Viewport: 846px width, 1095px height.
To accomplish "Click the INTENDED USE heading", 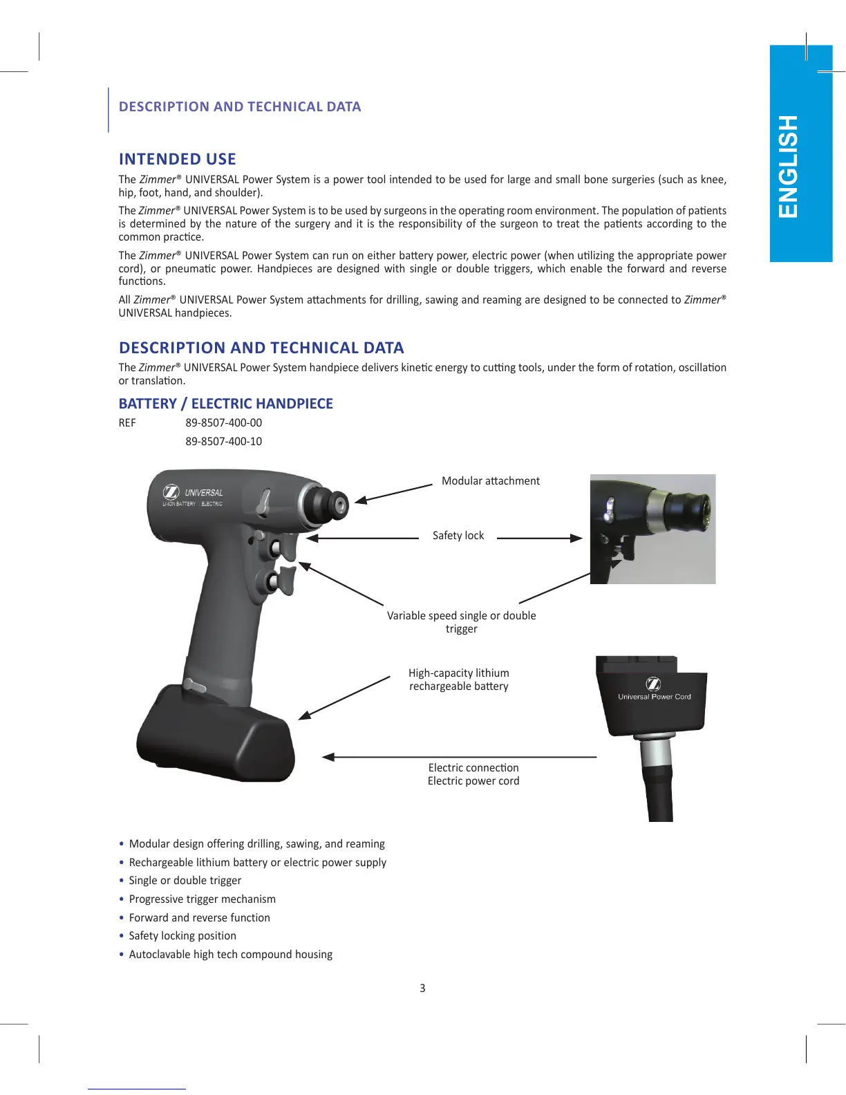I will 177,159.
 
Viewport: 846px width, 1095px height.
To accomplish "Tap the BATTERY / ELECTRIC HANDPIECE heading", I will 225,404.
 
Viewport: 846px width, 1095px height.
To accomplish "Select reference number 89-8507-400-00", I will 223,422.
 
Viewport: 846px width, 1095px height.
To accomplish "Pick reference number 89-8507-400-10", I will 223,441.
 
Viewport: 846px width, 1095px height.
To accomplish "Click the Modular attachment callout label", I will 490,480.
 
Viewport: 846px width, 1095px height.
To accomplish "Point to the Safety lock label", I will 458,535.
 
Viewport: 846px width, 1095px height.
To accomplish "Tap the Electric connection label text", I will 473,767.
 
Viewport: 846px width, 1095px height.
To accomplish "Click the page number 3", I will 422,988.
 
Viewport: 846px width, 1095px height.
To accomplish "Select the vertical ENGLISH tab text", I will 788,167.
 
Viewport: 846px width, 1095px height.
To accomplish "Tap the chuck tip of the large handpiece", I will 337,505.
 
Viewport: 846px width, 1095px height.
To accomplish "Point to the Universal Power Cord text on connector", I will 654,697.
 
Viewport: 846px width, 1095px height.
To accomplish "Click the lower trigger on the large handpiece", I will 283,579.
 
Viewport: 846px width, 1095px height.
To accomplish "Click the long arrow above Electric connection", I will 460,757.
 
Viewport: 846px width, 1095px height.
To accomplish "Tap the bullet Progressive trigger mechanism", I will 202,899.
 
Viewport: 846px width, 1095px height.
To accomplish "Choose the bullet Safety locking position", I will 182,935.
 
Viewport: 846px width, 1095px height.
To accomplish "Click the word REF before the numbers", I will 127,422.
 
